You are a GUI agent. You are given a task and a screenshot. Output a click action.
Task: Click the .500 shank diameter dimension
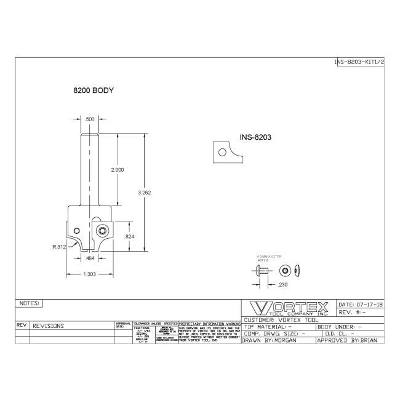pyautogui.click(x=90, y=119)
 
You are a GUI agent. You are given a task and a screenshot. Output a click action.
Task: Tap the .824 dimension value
pyautogui.click(x=130, y=236)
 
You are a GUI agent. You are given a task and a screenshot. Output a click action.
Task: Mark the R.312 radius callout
pyautogui.click(x=59, y=246)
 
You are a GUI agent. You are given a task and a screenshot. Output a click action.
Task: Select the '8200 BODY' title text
pyautogui.click(x=94, y=90)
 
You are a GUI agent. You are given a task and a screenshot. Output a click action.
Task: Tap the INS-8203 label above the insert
pyautogui.click(x=256, y=138)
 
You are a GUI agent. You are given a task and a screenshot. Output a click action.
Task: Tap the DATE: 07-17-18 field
pyautogui.click(x=361, y=304)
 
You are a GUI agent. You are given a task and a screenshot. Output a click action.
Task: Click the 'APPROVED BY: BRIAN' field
pyautogui.click(x=350, y=340)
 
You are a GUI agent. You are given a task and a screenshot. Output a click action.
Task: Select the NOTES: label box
pyautogui.click(x=30, y=303)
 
